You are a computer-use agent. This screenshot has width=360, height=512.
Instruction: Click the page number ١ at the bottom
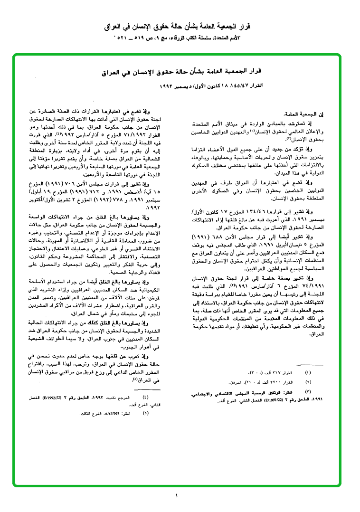(x=176, y=496)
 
